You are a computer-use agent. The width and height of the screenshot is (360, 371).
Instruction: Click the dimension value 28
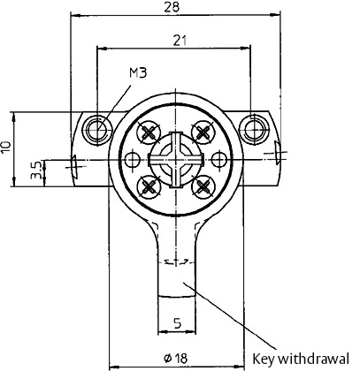(x=172, y=7)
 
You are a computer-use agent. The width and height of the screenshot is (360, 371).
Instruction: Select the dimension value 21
(x=180, y=41)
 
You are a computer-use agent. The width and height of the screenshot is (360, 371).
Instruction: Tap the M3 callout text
(x=138, y=72)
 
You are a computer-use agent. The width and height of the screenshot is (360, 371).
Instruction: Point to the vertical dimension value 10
(x=6, y=147)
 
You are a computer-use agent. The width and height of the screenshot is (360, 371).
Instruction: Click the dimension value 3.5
(x=36, y=170)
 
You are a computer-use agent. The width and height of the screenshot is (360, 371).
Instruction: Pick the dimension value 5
(x=177, y=323)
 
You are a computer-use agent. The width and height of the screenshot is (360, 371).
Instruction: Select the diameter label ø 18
(x=175, y=358)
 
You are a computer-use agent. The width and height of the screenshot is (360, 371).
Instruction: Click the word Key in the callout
(x=264, y=359)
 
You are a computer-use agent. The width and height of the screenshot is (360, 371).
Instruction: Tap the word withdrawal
(x=313, y=359)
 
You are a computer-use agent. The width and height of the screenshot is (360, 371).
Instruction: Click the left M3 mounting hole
(x=97, y=130)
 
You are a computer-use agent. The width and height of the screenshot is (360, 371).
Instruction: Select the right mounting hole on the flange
(x=254, y=129)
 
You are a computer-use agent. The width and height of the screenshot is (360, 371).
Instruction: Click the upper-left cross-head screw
(x=149, y=132)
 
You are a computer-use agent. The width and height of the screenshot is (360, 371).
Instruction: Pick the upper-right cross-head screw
(x=203, y=132)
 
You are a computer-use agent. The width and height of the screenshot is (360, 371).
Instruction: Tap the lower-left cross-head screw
(x=149, y=186)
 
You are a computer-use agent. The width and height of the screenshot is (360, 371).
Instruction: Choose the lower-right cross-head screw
(x=203, y=186)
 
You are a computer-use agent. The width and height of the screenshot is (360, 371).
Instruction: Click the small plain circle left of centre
(x=133, y=160)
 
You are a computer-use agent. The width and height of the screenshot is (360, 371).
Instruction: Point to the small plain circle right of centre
(x=218, y=160)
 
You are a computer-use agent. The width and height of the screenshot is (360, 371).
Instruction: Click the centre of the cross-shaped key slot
(x=176, y=160)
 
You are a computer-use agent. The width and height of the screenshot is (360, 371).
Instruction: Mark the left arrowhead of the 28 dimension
(x=76, y=14)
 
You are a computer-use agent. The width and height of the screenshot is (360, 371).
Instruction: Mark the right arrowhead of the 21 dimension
(x=245, y=48)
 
